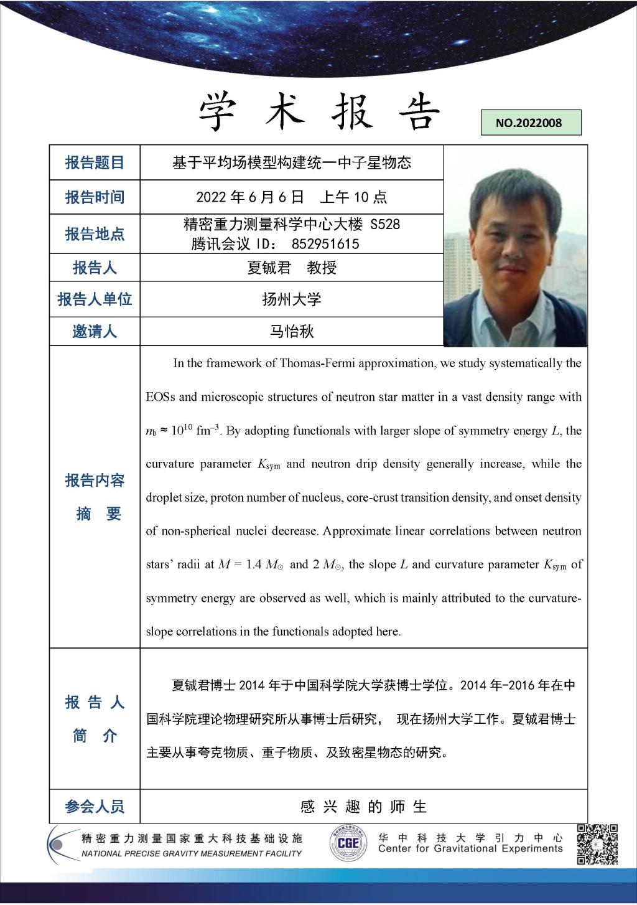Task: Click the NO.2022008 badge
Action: click(531, 123)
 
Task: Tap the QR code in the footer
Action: click(597, 844)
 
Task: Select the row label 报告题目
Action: click(95, 163)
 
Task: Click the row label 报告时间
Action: click(95, 197)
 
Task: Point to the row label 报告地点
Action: click(95, 234)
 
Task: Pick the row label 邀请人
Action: click(95, 331)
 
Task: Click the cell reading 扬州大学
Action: click(291, 299)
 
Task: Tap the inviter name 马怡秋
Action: click(291, 331)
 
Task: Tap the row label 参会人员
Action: click(95, 807)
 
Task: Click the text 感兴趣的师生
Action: click(363, 807)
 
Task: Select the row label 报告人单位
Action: click(95, 299)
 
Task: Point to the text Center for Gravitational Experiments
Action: click(470, 849)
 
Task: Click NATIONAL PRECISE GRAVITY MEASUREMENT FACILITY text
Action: click(192, 853)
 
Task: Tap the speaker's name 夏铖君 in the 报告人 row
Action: click(269, 268)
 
